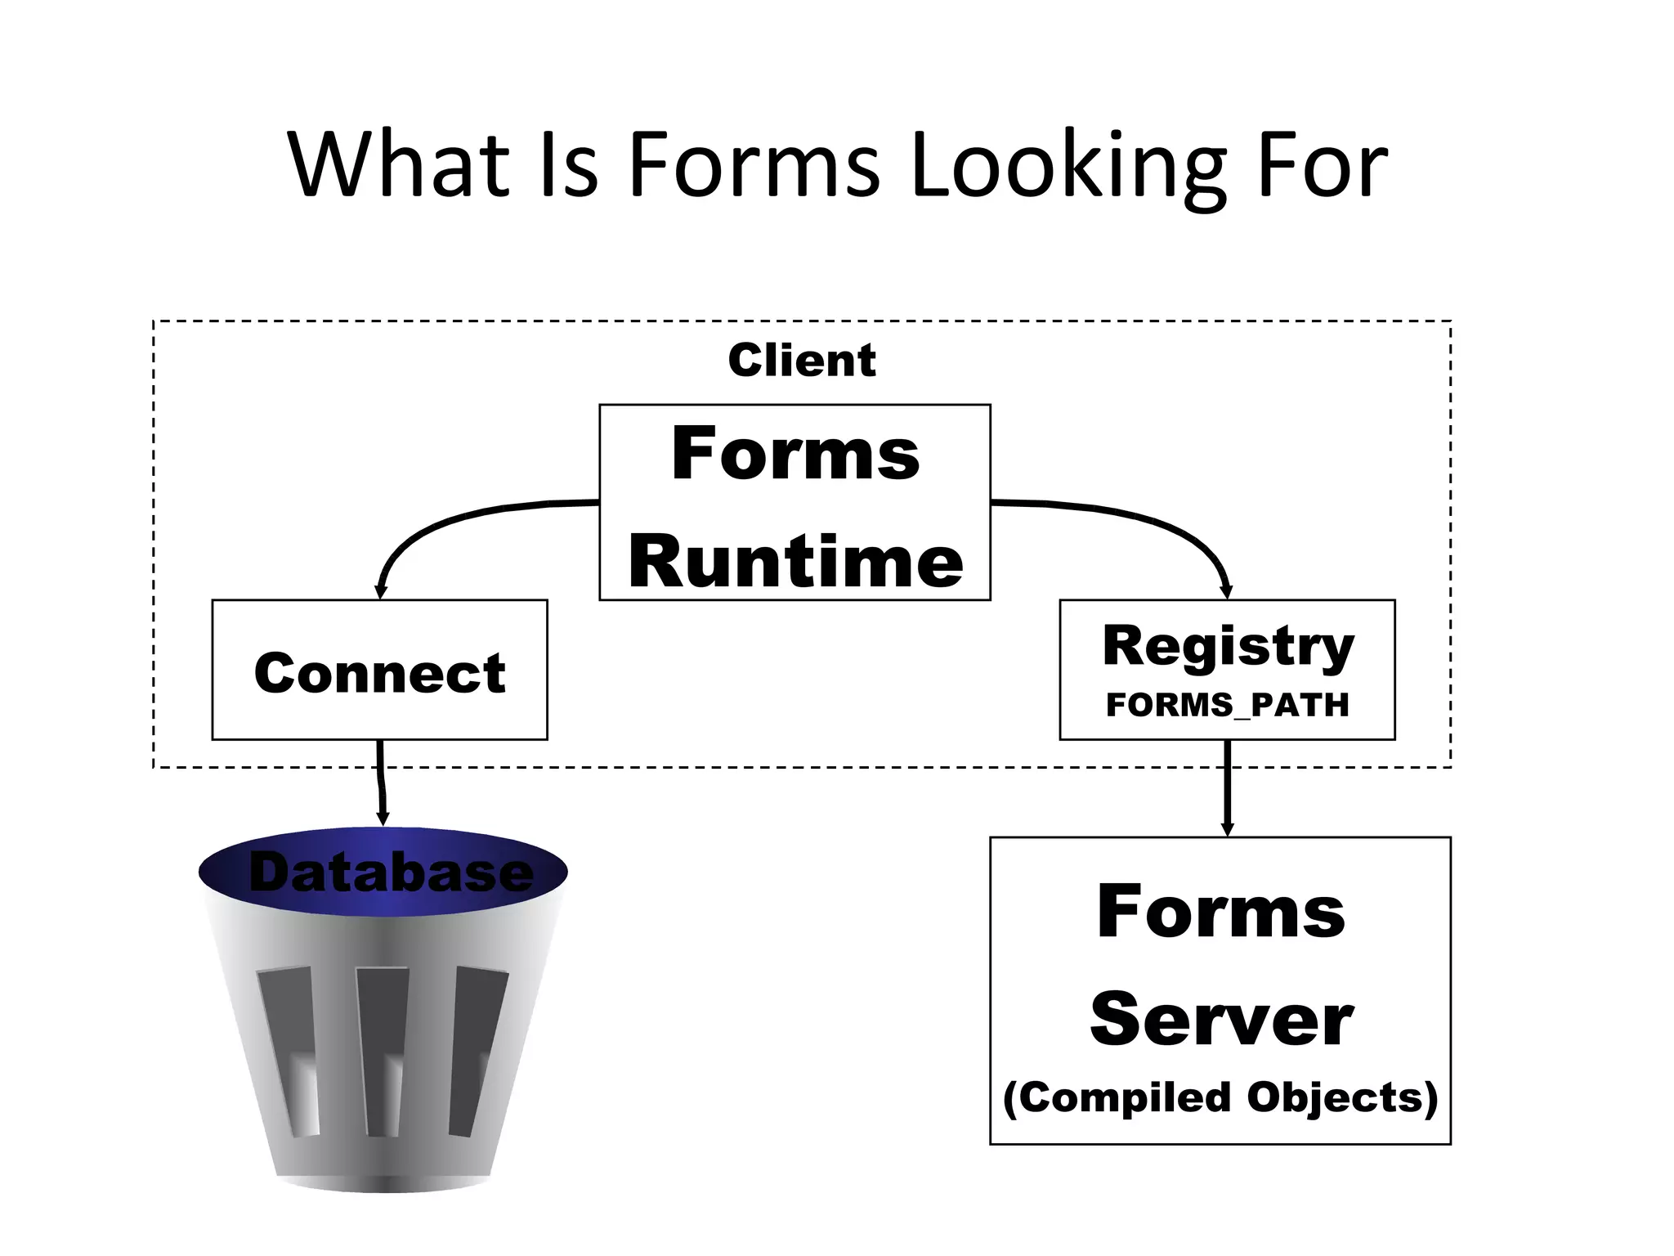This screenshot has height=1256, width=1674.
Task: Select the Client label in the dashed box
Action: coord(801,361)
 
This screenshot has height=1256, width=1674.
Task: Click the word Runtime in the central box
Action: coord(795,563)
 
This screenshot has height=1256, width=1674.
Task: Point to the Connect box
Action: coord(379,671)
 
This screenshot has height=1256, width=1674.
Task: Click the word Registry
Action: coord(1228,647)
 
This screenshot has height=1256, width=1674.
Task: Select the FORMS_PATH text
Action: coord(1227,705)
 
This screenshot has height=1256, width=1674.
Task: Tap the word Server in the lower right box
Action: coord(1221,1020)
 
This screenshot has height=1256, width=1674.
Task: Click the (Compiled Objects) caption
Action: coord(1220,1097)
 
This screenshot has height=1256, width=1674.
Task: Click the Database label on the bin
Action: coord(391,872)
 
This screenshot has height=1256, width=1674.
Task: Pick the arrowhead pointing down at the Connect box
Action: coord(380,591)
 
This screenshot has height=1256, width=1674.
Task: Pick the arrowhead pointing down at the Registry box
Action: coord(1225,591)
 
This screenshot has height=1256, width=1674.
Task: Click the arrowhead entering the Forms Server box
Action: coord(1226,828)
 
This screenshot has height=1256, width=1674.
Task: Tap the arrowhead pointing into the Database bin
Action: coord(382,819)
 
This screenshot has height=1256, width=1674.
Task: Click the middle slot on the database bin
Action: coord(383,1051)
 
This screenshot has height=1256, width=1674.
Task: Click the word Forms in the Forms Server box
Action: coord(1221,913)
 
